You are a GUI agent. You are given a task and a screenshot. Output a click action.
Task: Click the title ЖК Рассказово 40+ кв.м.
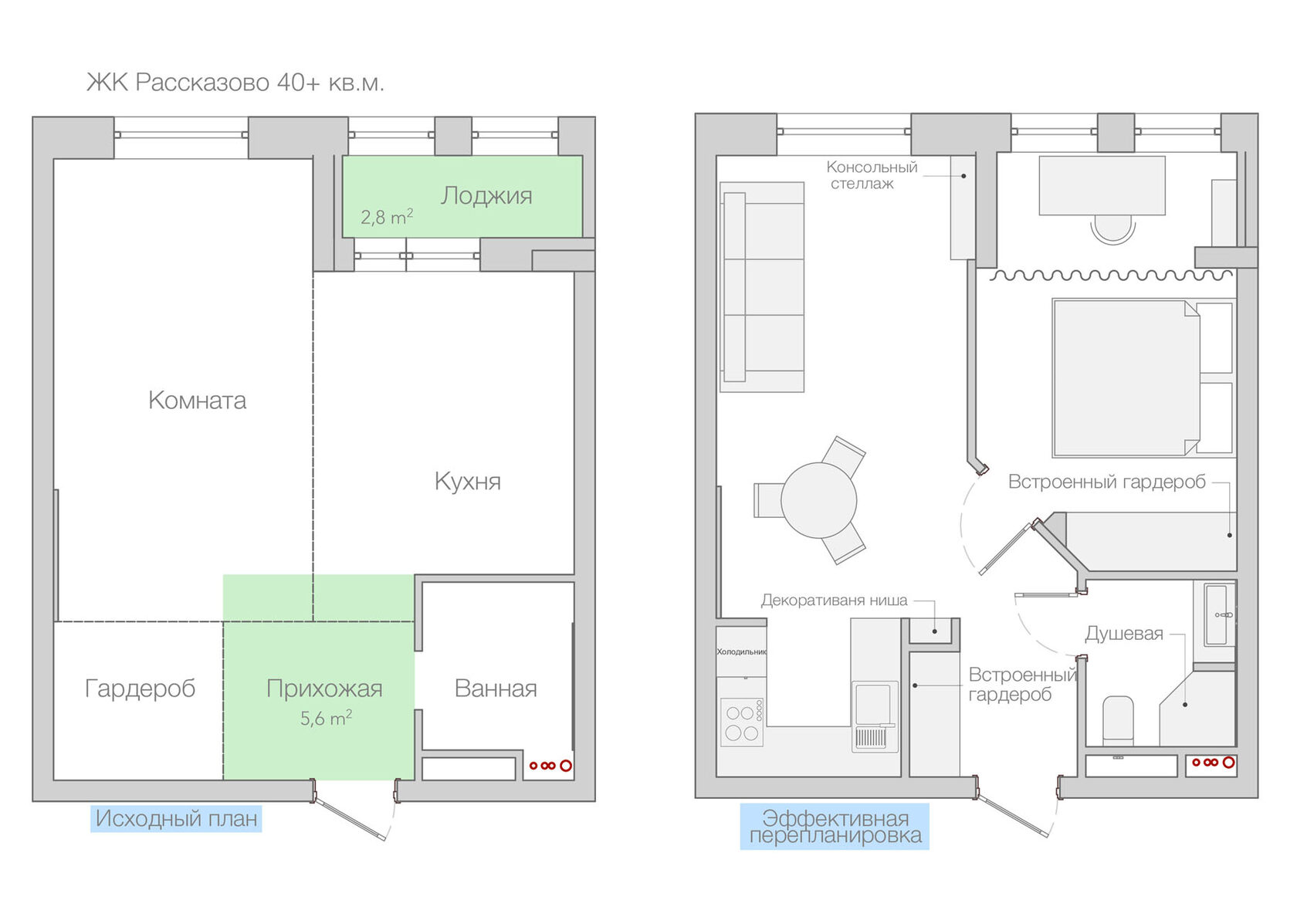coord(235,83)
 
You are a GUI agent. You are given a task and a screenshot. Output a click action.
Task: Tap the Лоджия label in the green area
coord(486,197)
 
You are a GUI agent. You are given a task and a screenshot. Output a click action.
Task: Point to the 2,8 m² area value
coord(387,217)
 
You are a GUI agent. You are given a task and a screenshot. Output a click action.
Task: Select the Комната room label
coord(197,401)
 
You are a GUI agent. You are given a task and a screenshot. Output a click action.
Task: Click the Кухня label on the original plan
coord(467,482)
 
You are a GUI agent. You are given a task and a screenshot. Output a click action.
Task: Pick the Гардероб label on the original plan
coord(141,689)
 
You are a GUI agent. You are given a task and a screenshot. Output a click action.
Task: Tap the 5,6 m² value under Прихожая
coord(326,719)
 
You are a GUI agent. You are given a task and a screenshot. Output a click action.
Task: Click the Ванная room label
coord(496,689)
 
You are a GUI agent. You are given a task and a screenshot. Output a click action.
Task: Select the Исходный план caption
coord(176,818)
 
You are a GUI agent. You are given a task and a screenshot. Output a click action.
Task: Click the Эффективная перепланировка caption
coord(835,827)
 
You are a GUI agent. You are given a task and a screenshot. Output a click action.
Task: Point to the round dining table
coord(818,500)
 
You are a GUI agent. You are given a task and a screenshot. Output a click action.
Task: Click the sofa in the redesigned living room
coord(762,287)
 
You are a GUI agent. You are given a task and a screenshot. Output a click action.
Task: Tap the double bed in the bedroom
coord(1127,378)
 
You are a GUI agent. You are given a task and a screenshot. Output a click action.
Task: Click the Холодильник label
coord(741,651)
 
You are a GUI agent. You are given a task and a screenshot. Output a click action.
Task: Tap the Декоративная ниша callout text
coord(834,601)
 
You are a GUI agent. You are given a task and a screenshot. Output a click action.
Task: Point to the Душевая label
coord(1124,634)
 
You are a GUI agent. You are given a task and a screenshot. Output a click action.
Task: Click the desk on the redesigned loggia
coord(1102,185)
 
